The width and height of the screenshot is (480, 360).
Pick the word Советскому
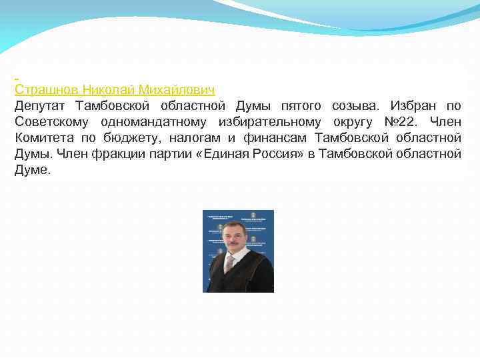point(52,122)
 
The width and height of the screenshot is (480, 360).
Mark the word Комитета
point(43,138)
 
